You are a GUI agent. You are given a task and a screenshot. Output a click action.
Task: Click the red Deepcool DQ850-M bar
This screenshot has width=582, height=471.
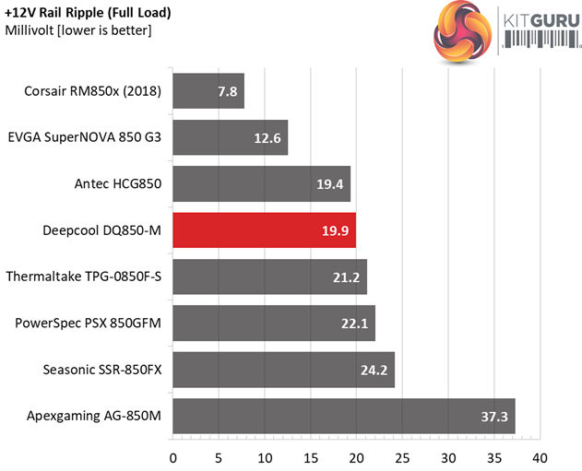[264, 230]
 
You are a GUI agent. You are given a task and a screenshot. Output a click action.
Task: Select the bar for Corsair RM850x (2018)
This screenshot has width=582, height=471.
[208, 91]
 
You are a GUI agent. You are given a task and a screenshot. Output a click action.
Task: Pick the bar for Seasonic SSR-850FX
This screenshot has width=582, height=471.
[283, 370]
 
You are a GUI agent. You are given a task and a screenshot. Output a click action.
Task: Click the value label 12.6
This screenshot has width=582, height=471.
[271, 138]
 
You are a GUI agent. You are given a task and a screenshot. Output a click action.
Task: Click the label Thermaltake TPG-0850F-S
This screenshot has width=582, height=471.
[83, 277]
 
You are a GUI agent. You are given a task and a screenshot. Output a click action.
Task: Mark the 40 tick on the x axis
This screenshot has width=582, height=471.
[540, 457]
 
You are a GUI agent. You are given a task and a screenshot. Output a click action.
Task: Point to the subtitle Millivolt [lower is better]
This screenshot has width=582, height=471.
[78, 30]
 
